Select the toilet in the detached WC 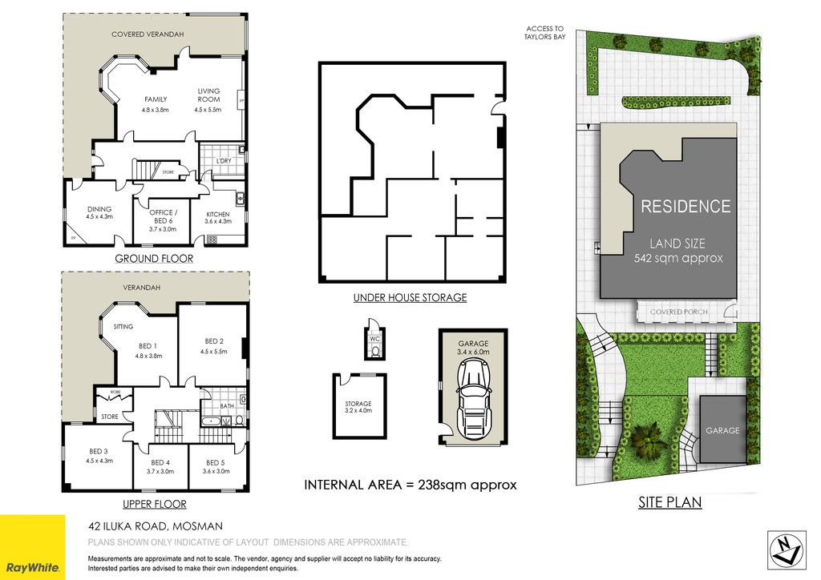[375, 352]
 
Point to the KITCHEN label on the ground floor [218, 215]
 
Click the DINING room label [99, 209]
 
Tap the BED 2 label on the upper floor [214, 341]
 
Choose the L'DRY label [224, 161]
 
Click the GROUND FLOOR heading [154, 259]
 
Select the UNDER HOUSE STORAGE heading [410, 297]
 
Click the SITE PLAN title [669, 502]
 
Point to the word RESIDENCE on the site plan [686, 207]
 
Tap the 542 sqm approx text [678, 258]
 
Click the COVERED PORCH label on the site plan [678, 312]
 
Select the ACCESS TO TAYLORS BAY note [544, 33]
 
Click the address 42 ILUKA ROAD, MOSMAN [156, 526]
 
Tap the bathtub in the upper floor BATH [212, 421]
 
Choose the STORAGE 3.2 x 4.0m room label [358, 407]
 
